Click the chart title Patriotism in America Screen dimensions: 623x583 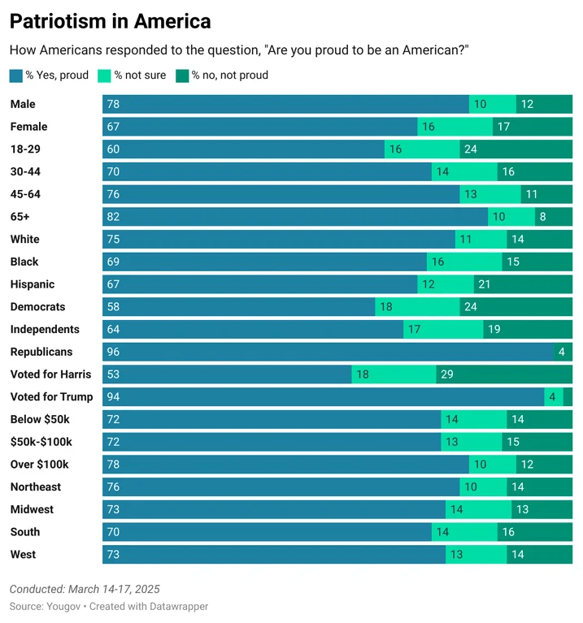(x=110, y=21)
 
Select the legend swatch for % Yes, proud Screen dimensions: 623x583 (x=16, y=76)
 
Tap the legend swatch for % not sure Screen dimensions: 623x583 (x=104, y=76)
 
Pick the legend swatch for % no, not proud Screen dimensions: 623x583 (x=182, y=76)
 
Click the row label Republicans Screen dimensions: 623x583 (x=41, y=352)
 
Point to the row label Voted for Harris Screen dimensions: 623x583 (x=50, y=374)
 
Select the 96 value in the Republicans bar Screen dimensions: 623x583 (x=113, y=352)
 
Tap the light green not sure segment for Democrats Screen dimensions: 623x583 (x=417, y=307)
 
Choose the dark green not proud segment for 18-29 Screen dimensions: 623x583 (x=516, y=149)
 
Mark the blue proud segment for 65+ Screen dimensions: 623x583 (x=295, y=217)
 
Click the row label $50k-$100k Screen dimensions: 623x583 (x=41, y=442)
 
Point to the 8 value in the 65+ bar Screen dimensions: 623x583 (x=542, y=217)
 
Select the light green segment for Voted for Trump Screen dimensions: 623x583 (x=553, y=397)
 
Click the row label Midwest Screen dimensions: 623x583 (x=32, y=509)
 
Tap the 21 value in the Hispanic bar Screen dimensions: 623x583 (x=485, y=284)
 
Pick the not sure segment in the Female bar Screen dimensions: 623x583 (x=455, y=127)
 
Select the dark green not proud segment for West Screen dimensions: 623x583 (x=539, y=555)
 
